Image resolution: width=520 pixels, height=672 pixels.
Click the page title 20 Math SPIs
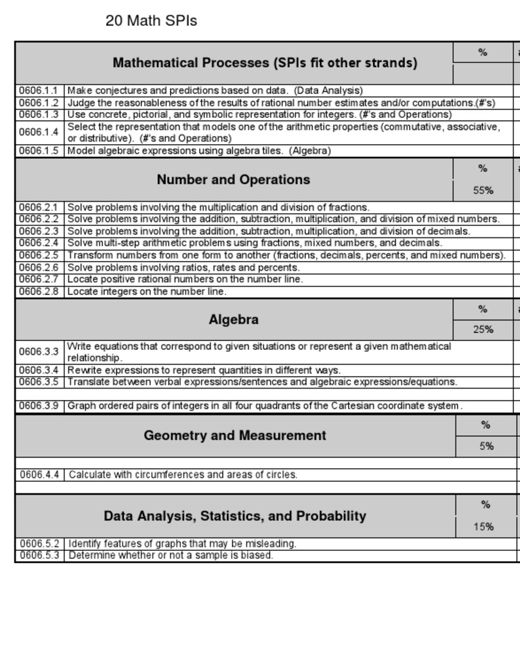(x=151, y=21)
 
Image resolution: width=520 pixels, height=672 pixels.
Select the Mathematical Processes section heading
(x=265, y=63)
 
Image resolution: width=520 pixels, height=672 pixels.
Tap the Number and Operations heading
(x=233, y=179)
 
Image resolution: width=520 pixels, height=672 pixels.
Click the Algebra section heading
(x=233, y=319)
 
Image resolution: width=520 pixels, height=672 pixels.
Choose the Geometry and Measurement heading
(x=234, y=435)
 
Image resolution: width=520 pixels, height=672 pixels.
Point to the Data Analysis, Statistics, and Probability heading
(x=234, y=516)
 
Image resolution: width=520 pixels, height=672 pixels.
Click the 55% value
(x=483, y=191)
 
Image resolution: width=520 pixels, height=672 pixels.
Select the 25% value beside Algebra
(x=483, y=330)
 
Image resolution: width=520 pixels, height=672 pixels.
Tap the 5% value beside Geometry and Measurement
(x=486, y=446)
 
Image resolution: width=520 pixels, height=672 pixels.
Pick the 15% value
(x=483, y=527)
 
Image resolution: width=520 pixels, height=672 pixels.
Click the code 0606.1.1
(x=39, y=90)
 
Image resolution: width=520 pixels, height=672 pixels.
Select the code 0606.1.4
(x=39, y=132)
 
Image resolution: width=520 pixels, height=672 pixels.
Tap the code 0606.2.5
(x=39, y=255)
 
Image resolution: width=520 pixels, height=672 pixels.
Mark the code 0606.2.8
(x=39, y=292)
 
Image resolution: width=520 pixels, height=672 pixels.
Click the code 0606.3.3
(x=39, y=352)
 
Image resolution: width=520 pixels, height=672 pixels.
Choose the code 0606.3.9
(x=39, y=406)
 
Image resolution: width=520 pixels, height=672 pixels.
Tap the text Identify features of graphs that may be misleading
(x=182, y=543)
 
